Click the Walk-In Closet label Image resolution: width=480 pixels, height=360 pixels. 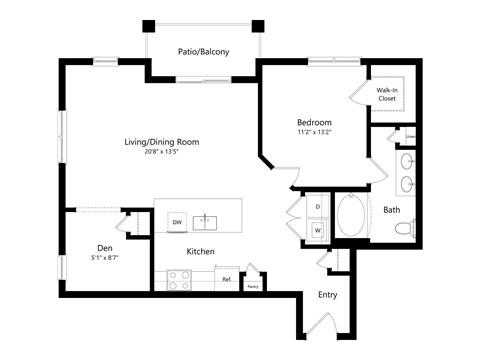coord(388,94)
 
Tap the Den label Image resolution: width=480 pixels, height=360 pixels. coord(104,248)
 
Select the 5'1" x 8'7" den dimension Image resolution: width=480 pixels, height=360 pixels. coord(104,259)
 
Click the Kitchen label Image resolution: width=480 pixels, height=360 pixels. coord(200,251)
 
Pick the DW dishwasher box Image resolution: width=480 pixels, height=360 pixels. coord(177,222)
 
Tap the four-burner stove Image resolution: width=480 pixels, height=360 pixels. coord(180,280)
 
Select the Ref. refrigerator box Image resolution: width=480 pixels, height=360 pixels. coord(227,280)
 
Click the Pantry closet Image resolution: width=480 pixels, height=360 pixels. coord(254,281)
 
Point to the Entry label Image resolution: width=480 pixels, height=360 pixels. coord(327,295)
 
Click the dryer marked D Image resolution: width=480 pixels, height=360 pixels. coord(317,207)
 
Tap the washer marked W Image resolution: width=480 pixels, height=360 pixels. coord(317,229)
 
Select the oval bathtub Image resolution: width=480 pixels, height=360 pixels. coord(352,218)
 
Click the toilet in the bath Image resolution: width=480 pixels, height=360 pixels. coord(404,229)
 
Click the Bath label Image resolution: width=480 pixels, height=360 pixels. coord(392,209)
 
